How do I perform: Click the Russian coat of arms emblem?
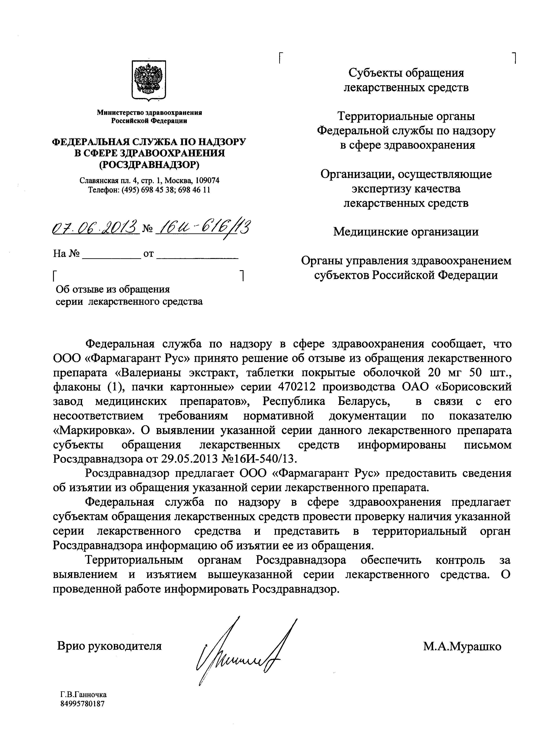(x=149, y=80)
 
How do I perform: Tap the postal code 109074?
(x=207, y=180)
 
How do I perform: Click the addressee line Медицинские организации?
(x=406, y=232)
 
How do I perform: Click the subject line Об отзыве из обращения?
(x=113, y=289)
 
